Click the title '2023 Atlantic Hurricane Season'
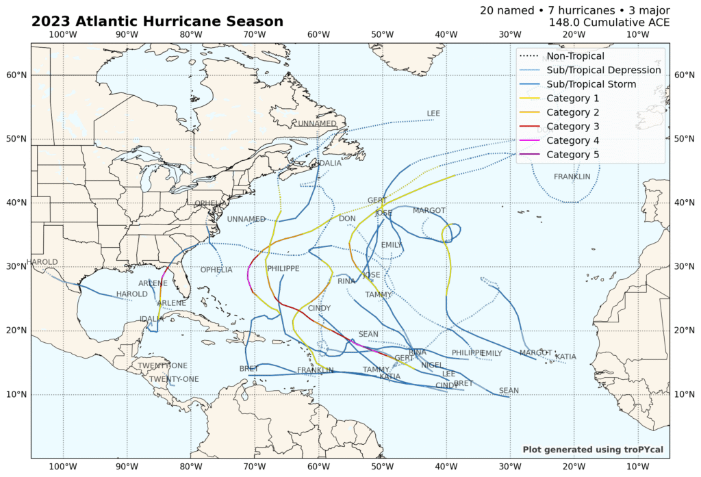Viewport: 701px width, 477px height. point(157,21)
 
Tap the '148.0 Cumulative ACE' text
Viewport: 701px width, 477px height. point(609,23)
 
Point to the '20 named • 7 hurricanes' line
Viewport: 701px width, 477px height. point(574,10)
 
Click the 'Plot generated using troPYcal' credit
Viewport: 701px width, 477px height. point(593,450)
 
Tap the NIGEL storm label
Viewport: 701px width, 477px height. point(431,365)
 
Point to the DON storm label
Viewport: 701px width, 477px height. point(347,219)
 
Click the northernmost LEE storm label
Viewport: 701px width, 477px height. point(433,114)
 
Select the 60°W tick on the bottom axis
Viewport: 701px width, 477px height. point(318,467)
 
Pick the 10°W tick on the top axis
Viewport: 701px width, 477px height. point(637,35)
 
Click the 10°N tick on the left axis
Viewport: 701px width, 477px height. point(16,395)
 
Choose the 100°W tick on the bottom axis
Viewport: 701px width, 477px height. point(63,467)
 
